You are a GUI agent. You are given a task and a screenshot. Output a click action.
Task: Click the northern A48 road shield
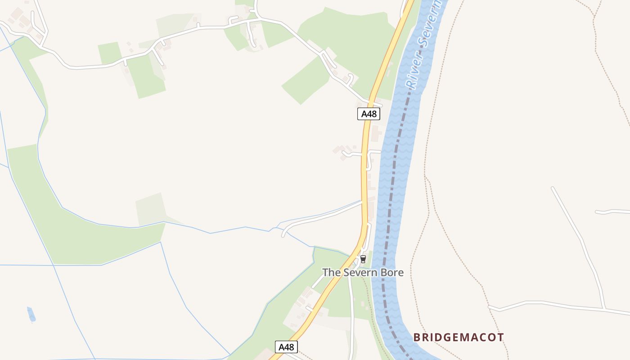369,114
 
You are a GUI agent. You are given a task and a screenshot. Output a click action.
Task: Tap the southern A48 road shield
286,347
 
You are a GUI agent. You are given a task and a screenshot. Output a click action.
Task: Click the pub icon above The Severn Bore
363,259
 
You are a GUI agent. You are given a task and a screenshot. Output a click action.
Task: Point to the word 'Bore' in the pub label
393,272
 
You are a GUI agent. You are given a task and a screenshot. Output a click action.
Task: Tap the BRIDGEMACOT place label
459,337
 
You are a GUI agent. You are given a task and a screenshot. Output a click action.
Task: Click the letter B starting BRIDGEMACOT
417,337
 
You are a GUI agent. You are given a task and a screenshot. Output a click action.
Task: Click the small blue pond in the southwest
31,314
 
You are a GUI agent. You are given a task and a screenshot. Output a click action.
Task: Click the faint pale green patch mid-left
151,209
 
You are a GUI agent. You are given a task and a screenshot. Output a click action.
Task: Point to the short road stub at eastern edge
612,211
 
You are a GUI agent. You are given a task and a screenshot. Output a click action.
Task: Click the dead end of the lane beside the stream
283,235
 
